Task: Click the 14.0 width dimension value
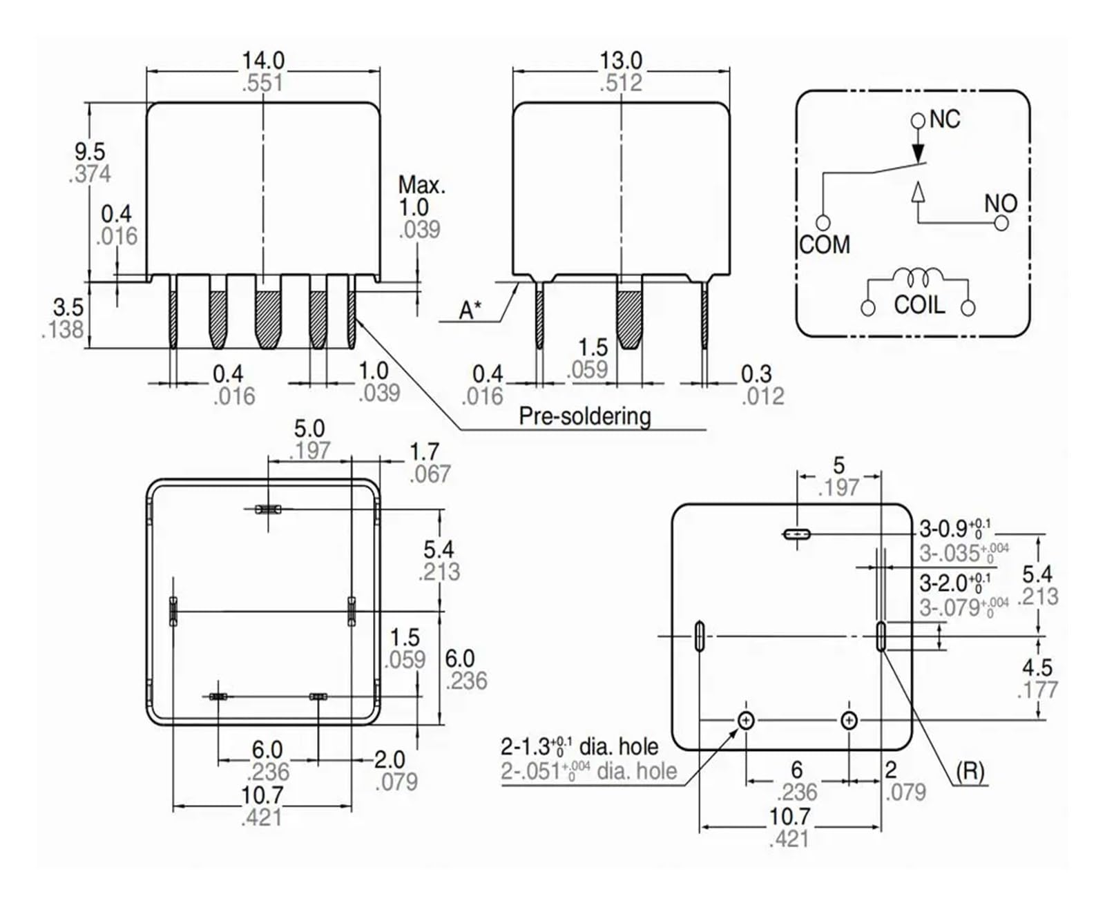(x=263, y=60)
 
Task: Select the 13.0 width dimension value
(x=620, y=60)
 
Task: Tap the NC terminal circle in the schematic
(x=918, y=121)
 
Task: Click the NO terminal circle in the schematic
(x=1001, y=224)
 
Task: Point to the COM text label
(x=825, y=245)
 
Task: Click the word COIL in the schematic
(x=919, y=305)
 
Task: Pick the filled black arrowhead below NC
(x=918, y=153)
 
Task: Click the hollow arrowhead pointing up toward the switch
(x=918, y=192)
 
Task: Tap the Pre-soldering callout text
(x=585, y=416)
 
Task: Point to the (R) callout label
(x=970, y=772)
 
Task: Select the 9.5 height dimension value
(x=90, y=151)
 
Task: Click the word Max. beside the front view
(x=422, y=185)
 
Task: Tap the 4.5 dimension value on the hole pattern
(x=1037, y=668)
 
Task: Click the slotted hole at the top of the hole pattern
(x=797, y=534)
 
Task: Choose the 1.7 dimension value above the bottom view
(x=425, y=452)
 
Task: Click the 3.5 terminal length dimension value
(x=68, y=307)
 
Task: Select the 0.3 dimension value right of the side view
(x=756, y=374)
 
